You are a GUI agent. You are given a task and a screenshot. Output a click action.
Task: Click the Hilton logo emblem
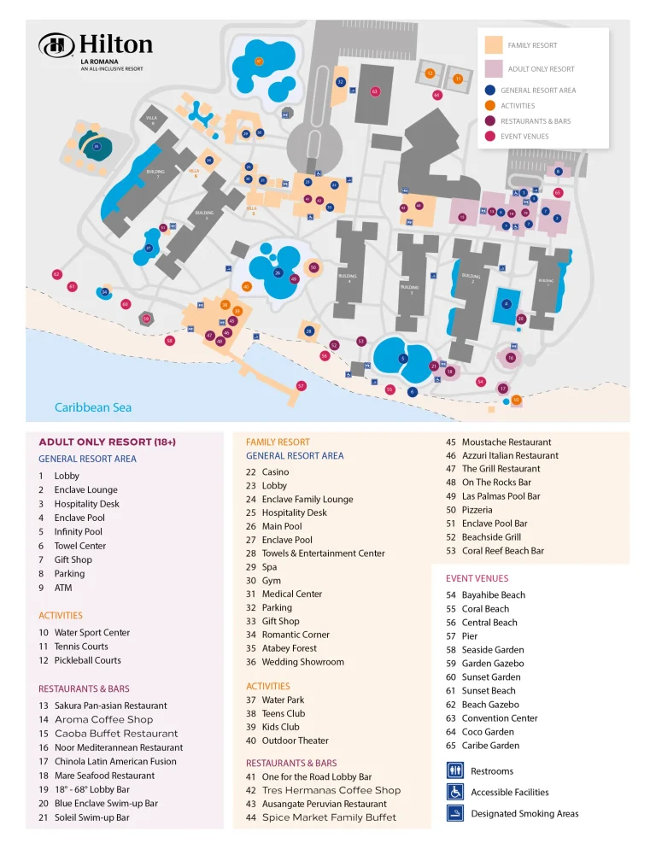[56, 45]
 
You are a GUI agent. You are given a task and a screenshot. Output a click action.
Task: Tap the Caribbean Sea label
[93, 407]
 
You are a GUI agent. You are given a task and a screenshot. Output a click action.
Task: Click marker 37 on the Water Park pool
[259, 61]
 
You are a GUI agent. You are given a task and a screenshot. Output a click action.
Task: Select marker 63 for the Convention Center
[375, 91]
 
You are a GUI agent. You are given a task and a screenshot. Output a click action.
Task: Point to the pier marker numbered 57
[301, 386]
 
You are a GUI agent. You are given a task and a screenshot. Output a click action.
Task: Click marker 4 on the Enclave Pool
[507, 303]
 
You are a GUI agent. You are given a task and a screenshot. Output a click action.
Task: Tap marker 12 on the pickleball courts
[430, 73]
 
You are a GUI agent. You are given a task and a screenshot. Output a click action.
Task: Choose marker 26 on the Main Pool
[278, 272]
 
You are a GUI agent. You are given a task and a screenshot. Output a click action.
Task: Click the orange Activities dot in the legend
[489, 106]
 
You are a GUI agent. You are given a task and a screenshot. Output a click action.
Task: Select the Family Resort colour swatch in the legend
[493, 44]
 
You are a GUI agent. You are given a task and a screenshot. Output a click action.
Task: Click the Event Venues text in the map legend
[524, 136]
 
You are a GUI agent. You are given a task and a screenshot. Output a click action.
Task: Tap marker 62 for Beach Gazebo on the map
[56, 274]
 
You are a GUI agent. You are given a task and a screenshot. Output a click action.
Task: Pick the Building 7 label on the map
[155, 173]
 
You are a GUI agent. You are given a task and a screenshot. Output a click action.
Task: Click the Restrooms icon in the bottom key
[455, 770]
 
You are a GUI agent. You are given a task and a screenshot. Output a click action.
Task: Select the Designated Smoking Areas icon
[455, 813]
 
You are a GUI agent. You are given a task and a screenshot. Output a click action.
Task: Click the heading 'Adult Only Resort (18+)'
[107, 442]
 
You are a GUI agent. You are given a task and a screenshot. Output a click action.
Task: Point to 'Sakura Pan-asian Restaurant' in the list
[110, 706]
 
